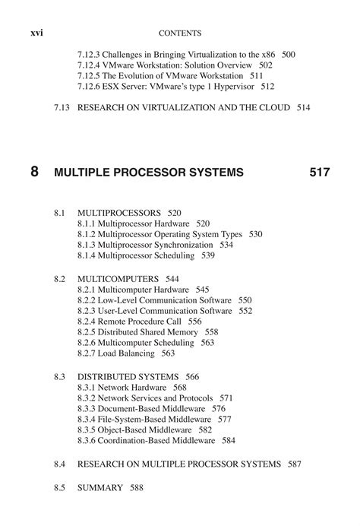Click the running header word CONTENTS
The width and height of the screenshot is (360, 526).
click(180, 33)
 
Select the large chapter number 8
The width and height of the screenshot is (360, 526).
click(35, 172)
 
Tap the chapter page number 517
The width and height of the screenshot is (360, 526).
click(319, 173)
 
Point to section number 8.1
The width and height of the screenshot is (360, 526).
click(61, 213)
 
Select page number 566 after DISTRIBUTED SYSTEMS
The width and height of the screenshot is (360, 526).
click(192, 376)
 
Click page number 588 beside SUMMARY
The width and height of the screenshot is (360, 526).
click(135, 487)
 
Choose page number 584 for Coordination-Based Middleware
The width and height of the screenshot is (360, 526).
click(229, 440)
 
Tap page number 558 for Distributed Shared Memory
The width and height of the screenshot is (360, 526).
click(211, 332)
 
